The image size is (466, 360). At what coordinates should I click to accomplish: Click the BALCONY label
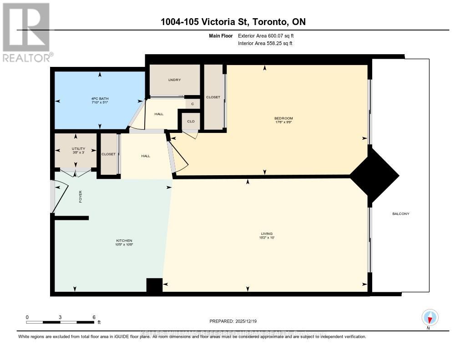click(400, 213)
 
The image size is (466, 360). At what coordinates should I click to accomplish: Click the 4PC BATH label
click(99, 99)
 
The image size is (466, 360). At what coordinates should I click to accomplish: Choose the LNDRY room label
click(174, 80)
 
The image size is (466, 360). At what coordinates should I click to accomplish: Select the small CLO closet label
click(191, 121)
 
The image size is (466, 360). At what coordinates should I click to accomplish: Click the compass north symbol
click(430, 317)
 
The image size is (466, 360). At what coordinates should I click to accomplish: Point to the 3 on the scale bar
click(60, 317)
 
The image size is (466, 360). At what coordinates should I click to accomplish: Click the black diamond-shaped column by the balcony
click(374, 175)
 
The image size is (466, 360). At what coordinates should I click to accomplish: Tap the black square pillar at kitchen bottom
click(154, 285)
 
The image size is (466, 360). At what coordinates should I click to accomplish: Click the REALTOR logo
click(26, 32)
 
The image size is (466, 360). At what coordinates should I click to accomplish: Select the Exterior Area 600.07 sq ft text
click(269, 35)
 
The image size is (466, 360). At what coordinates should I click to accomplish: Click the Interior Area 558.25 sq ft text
click(265, 44)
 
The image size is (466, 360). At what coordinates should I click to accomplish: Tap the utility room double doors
click(76, 172)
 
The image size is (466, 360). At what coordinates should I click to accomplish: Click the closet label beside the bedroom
click(213, 97)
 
